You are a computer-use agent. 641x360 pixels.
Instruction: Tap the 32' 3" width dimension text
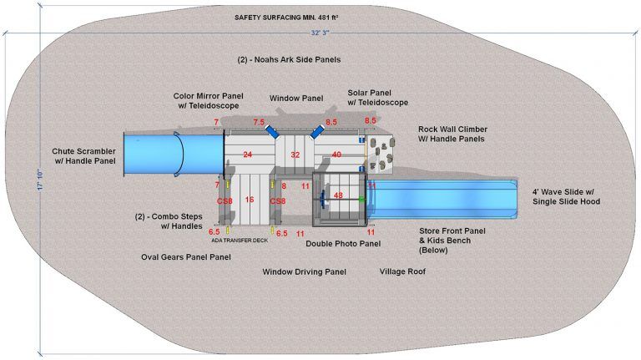coord(320,33)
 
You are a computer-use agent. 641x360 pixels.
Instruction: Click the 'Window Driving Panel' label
coord(304,272)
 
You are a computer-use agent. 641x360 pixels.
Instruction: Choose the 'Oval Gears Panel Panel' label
coord(185,257)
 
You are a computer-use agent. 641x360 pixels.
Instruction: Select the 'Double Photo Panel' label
coord(343,244)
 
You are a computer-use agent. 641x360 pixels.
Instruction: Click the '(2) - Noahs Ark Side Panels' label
coord(290,60)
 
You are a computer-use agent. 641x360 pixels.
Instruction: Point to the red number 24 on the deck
coord(247,155)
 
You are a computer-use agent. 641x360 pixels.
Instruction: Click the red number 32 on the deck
coord(295,155)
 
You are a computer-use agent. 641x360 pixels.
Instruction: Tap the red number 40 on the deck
coord(336,155)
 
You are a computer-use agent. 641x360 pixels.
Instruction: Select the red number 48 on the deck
coord(338,195)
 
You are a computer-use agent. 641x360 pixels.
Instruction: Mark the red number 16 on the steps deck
coord(249,200)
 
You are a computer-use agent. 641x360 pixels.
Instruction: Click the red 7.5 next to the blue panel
coord(259,122)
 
